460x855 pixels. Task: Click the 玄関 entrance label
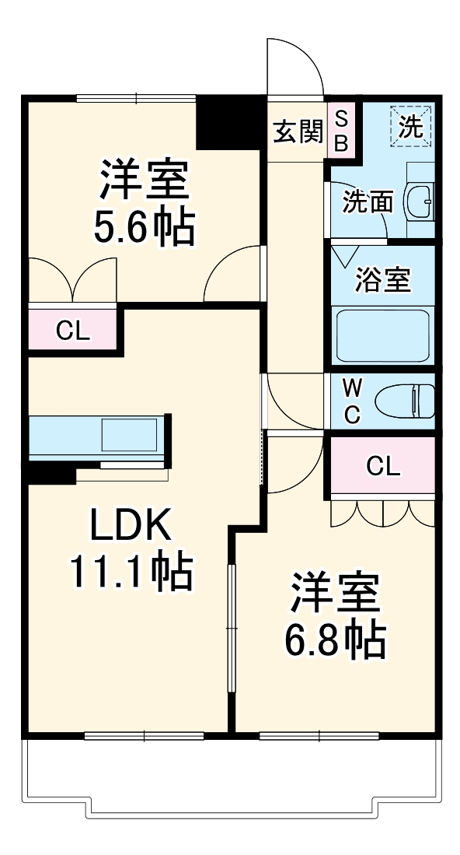297,132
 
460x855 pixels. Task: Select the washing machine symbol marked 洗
410,127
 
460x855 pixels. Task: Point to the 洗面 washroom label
368,202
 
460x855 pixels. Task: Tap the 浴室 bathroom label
382,279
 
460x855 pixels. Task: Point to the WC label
352,401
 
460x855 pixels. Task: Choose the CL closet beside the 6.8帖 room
383,466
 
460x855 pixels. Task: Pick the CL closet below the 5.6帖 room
73,330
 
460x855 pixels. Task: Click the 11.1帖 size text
131,573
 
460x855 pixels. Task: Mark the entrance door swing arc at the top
295,66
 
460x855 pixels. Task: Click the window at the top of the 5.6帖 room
136,98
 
